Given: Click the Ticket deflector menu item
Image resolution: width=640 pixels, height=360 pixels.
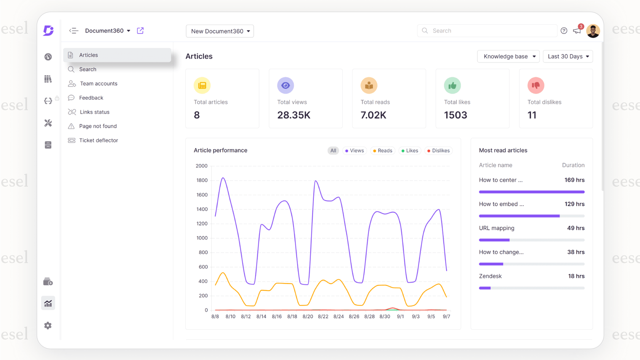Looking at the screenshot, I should tap(98, 140).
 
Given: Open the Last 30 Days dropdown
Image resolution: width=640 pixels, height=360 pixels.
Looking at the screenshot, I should tap(568, 56).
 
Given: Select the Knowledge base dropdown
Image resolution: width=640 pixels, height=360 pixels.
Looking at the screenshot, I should tap(508, 56).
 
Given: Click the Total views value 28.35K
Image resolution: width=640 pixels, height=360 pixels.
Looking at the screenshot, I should tap(294, 115).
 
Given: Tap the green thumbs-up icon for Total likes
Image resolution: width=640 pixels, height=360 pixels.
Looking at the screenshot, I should tap(452, 85).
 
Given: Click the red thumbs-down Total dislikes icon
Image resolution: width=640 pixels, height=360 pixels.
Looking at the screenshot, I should tap(536, 85).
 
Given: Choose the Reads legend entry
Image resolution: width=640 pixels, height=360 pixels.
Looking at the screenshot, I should tap(382, 151).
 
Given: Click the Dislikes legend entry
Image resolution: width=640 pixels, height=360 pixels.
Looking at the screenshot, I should tap(438, 151).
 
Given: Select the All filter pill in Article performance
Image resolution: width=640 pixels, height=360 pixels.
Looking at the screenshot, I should tap(333, 151).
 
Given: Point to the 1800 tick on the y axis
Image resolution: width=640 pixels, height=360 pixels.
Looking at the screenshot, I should tap(202, 180).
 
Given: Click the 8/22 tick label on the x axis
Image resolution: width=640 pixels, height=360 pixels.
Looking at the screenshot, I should tap(323, 317).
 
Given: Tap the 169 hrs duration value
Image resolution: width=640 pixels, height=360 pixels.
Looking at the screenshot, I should tap(574, 180).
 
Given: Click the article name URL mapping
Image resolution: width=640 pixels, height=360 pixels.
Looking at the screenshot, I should tap(496, 228).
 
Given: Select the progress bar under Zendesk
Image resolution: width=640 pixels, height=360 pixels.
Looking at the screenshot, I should tap(531, 288).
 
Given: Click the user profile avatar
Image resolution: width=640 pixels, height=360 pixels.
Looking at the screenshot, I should tap(593, 31).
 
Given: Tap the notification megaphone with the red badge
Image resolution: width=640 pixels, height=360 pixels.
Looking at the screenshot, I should tap(577, 31).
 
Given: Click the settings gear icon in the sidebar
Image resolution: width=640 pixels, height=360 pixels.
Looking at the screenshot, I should tap(48, 326).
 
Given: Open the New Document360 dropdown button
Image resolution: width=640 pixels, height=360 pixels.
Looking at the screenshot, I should tap(220, 31).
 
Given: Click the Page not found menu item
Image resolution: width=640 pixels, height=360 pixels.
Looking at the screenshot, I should tap(98, 126).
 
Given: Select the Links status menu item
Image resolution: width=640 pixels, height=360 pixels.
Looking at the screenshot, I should tap(94, 112).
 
